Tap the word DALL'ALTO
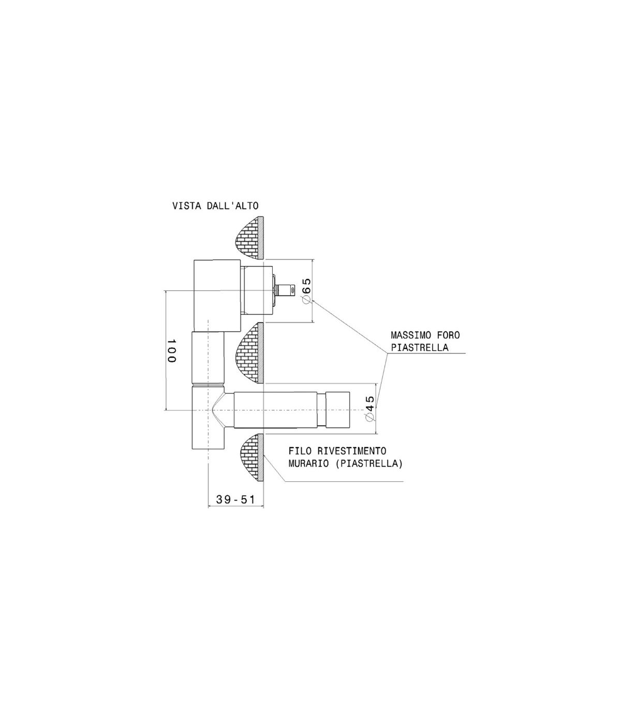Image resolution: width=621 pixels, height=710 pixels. [233, 206]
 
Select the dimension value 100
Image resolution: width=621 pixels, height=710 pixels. [171, 351]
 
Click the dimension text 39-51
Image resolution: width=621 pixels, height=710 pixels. [235, 499]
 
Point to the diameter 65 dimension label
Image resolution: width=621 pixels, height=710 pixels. [307, 291]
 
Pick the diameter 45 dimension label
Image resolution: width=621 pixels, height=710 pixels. [370, 408]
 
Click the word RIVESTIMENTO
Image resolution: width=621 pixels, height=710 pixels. [352, 451]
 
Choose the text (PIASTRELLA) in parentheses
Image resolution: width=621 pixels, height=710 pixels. [369, 464]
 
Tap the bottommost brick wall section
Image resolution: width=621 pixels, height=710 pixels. [252, 457]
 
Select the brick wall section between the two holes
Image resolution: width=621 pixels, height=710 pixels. [250, 353]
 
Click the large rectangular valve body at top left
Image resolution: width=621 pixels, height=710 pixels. [217, 295]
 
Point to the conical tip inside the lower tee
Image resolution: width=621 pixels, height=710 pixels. [218, 410]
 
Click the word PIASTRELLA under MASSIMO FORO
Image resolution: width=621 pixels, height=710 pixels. [420, 347]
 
